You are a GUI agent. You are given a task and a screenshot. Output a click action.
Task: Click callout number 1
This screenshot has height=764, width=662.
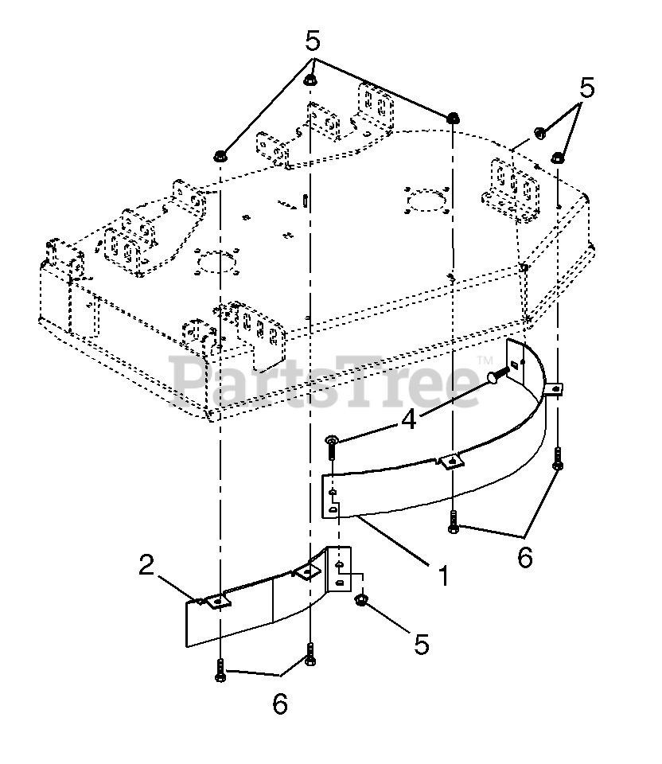point(443,575)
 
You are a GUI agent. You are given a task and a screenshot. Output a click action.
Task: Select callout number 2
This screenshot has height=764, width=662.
point(146,565)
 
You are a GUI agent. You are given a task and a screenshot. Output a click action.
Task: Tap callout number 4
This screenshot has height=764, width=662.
point(409,419)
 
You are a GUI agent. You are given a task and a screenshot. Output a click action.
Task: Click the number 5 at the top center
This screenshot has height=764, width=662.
point(313,41)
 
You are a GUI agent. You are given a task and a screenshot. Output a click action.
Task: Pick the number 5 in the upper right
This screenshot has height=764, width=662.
point(587,88)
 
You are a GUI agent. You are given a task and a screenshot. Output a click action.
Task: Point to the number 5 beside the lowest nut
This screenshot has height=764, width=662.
point(422,644)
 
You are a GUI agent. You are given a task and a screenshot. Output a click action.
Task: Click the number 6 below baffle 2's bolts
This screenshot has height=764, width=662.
point(280,704)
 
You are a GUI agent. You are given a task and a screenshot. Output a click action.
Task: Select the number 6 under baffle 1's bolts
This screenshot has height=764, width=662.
point(525,557)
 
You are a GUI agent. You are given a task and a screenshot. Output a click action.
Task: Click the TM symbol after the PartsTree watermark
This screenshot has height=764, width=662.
point(485,361)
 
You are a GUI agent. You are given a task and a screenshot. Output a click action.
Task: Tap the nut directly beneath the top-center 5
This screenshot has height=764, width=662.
point(310,80)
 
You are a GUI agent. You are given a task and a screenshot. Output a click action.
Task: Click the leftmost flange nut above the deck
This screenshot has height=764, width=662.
point(220,157)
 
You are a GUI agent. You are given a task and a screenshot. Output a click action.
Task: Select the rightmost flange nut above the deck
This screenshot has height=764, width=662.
point(558,158)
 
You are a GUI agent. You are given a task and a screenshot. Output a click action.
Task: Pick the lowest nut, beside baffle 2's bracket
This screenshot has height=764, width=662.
point(362,600)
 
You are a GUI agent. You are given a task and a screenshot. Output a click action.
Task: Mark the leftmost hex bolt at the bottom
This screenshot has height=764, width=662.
point(220,670)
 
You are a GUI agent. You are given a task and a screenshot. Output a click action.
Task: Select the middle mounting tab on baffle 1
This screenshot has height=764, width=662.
point(452,461)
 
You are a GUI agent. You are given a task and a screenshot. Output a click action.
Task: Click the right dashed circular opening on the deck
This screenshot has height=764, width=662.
point(426,201)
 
